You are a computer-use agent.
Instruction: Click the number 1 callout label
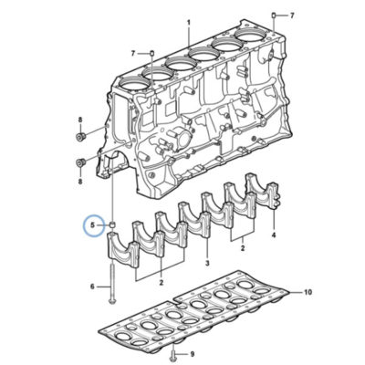[189, 23]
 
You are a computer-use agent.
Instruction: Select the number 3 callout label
[207, 263]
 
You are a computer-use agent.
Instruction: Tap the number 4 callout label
[274, 235]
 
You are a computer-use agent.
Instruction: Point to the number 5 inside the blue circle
[92, 225]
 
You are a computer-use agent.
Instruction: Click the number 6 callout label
[92, 287]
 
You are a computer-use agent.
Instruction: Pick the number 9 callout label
[193, 354]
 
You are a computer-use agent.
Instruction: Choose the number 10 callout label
[308, 292]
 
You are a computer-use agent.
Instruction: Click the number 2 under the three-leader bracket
[161, 282]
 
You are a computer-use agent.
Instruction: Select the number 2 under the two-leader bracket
[243, 248]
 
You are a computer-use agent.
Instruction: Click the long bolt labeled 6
[112, 283]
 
